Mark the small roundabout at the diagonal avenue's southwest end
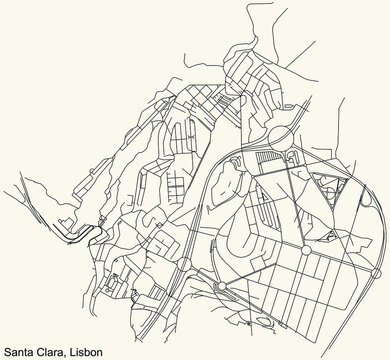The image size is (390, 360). [x=228, y=262]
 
